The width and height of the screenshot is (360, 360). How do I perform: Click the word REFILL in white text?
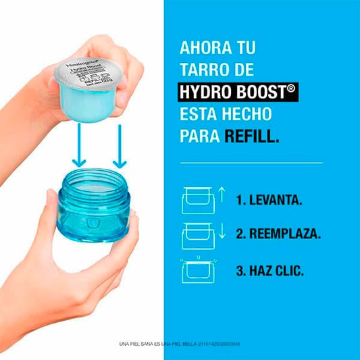tap(252, 136)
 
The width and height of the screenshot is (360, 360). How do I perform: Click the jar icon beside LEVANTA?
tap(198, 202)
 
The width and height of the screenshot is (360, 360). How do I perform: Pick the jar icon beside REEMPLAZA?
tap(198, 236)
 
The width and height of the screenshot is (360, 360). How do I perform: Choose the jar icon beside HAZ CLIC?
tap(198, 271)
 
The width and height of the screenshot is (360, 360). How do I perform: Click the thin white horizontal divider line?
tap(251, 163)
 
